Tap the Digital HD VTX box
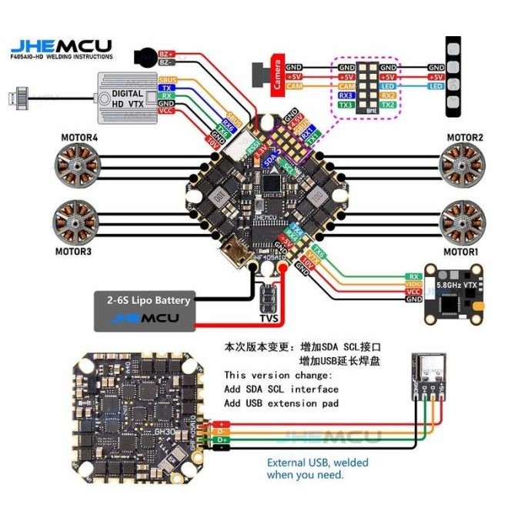click(123, 97)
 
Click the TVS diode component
click(269, 296)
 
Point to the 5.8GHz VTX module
click(456, 292)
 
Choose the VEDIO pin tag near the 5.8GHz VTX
click(413, 284)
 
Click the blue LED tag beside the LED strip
click(436, 87)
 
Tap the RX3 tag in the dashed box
click(346, 95)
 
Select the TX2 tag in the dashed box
click(387, 105)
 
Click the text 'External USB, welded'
click(317, 463)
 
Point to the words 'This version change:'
click(278, 375)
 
